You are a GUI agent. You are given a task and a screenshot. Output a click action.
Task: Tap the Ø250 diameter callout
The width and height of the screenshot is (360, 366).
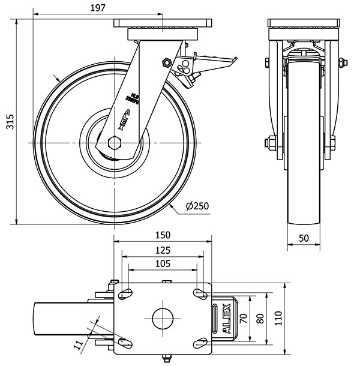(197, 206)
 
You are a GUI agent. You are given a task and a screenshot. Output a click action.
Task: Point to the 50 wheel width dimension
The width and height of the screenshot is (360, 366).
(304, 238)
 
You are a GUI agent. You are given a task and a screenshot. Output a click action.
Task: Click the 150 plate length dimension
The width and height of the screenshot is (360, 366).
(162, 235)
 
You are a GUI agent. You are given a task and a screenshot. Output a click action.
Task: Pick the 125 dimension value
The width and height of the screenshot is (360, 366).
(162, 250)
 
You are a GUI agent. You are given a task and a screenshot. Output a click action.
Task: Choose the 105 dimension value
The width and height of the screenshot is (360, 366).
(162, 263)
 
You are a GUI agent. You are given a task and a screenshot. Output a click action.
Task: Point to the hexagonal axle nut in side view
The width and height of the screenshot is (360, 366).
(114, 143)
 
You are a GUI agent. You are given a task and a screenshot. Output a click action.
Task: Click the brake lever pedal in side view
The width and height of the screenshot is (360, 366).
(216, 61)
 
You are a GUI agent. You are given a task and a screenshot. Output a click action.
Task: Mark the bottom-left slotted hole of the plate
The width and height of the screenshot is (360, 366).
(126, 343)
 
